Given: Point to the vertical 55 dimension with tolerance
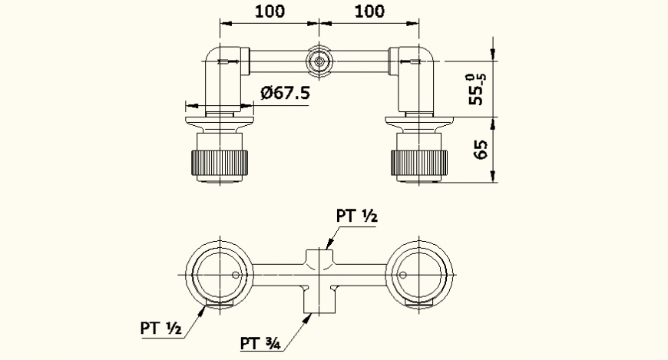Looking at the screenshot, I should (x=476, y=88).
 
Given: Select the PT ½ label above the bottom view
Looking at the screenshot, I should (x=355, y=216).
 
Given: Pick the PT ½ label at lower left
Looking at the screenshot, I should (x=160, y=328).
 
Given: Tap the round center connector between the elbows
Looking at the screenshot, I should (x=319, y=61).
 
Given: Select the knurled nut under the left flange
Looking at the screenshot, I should (x=220, y=163).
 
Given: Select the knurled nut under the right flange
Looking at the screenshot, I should (x=418, y=163).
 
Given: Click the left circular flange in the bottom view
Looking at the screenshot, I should (x=220, y=275).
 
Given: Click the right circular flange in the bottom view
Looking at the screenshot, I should (x=419, y=275).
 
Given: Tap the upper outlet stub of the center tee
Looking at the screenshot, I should (x=319, y=256).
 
